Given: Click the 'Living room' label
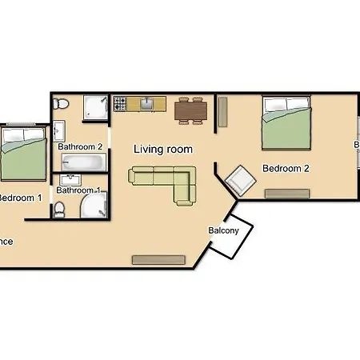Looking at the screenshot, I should (162, 149).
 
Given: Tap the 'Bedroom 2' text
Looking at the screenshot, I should (286, 169).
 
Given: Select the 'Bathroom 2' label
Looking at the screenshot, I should (80, 146).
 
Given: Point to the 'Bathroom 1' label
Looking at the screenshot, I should (78, 190).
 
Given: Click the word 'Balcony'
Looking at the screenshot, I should (223, 230).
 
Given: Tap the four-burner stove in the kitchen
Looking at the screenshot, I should (120, 104).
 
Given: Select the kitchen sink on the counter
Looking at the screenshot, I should (147, 103).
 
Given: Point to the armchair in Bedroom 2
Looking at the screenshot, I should (240, 182).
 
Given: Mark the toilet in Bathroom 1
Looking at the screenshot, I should (60, 210).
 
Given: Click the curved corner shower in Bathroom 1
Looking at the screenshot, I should (92, 206).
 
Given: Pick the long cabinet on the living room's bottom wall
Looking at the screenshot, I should (158, 259).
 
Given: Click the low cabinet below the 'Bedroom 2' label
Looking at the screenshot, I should (287, 193).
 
